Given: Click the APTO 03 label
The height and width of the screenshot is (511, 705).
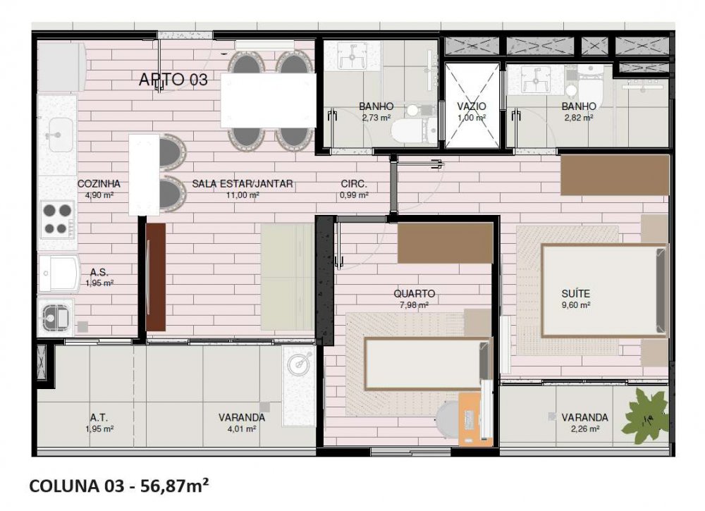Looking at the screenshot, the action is pos(173,80).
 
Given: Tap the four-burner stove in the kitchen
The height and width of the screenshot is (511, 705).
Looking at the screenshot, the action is pos(58,219).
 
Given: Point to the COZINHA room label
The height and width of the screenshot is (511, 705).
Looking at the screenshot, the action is pos(99,183).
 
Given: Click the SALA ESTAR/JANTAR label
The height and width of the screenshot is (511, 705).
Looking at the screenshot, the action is pos(243,183).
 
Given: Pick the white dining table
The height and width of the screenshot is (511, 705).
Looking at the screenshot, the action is pos(269,101).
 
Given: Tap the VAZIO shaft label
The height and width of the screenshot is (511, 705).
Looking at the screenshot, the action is pos(472,106).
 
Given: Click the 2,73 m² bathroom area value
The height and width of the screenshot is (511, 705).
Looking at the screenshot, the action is pos(376,118).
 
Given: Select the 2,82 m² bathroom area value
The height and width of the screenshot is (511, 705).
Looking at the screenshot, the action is pos(579,118).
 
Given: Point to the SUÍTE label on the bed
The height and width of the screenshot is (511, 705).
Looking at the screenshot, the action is pos(575,293).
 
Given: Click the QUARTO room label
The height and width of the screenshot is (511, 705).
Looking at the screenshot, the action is pos(414,293).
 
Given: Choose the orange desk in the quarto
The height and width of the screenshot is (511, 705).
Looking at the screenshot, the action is pos(470,419).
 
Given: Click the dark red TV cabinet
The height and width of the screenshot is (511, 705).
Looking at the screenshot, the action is pos(156,277).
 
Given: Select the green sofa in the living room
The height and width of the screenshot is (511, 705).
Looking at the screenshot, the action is pos(288,277).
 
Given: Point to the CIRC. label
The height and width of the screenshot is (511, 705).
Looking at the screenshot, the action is pos(354,183).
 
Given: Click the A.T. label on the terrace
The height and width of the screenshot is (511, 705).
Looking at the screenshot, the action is pos(99,417).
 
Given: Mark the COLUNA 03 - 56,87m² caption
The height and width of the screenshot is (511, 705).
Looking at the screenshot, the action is pos(118,486).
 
